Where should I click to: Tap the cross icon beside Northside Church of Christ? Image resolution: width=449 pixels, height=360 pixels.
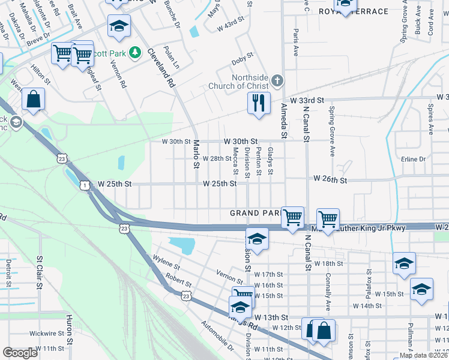[x=277, y=80]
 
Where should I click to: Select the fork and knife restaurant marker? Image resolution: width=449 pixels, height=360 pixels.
[x=259, y=103]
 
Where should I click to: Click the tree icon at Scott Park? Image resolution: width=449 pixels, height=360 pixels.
[x=136, y=53]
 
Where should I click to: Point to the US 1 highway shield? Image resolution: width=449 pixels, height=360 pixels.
[x=86, y=186]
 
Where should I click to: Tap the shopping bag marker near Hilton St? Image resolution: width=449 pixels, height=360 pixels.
[x=34, y=100]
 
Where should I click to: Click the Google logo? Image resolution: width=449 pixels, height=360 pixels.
[x=20, y=353]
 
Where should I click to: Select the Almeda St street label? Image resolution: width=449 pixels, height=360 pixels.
[x=284, y=118]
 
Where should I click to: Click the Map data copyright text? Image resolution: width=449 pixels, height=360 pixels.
[x=423, y=355]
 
